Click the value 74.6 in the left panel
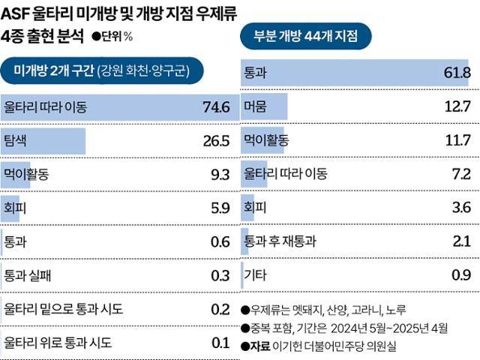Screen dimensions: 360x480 [x=216, y=107]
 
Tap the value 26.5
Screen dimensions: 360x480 [x=216, y=141]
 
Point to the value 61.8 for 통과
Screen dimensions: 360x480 [x=456, y=72]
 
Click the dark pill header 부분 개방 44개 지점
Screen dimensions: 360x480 [x=308, y=34]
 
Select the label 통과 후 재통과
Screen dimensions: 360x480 [x=280, y=241]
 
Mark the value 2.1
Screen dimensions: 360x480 [x=460, y=241]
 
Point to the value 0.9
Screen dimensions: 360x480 [x=460, y=275]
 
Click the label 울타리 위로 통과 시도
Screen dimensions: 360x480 [x=58, y=343]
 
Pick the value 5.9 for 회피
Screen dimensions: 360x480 [x=220, y=208]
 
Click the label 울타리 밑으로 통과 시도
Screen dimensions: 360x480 [x=63, y=309]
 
